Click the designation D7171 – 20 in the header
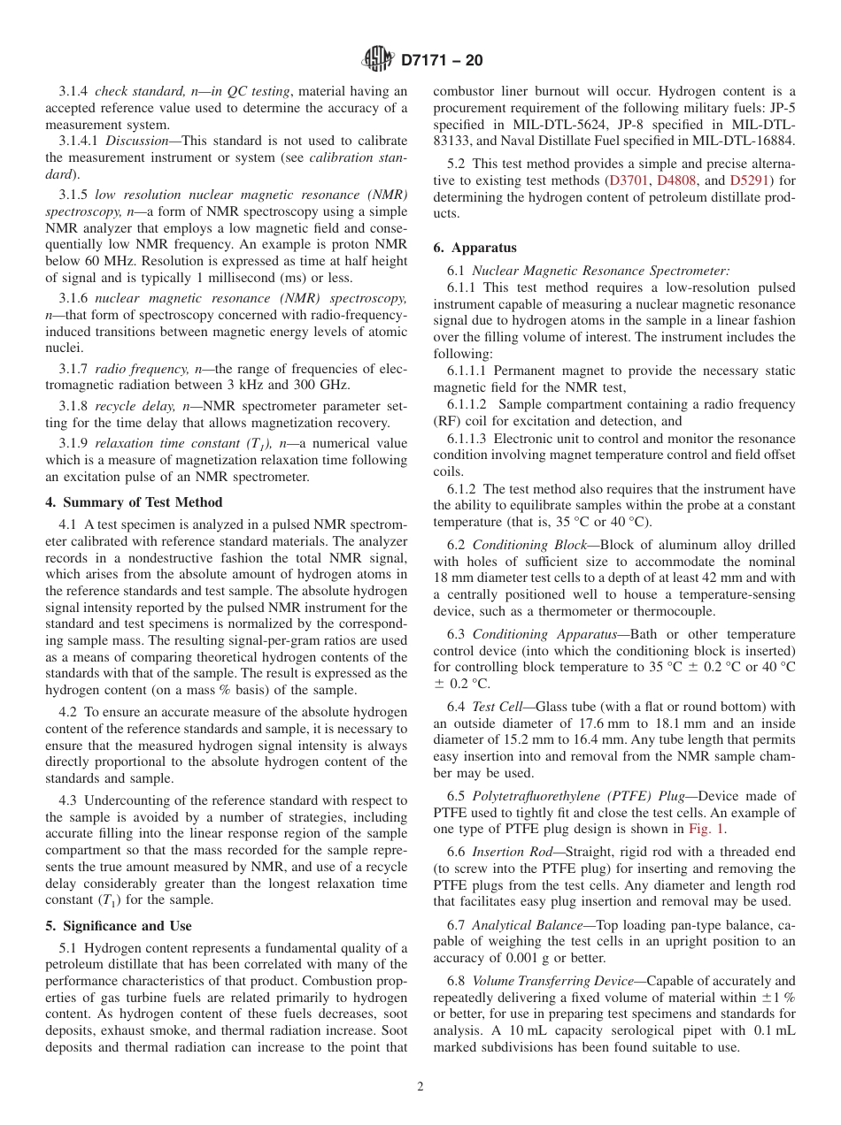[441, 61]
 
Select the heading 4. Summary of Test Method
[134, 501]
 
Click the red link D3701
[634, 180]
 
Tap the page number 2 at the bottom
[420, 1087]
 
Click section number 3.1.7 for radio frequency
[73, 368]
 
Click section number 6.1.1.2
[470, 404]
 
